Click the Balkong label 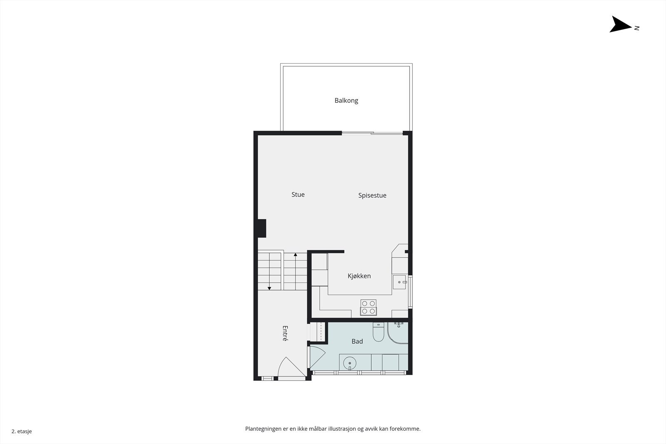(x=346, y=100)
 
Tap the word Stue (x=298, y=194)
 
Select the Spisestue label (x=372, y=195)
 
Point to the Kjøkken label (x=359, y=276)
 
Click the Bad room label (x=357, y=341)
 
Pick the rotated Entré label (x=285, y=333)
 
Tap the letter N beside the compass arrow (x=636, y=28)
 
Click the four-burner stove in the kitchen (x=368, y=307)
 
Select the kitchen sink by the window (x=400, y=282)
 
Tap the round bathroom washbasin (x=350, y=363)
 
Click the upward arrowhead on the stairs (x=296, y=254)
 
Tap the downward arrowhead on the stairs (x=269, y=288)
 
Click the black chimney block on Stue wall (x=261, y=228)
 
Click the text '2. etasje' (x=22, y=431)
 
